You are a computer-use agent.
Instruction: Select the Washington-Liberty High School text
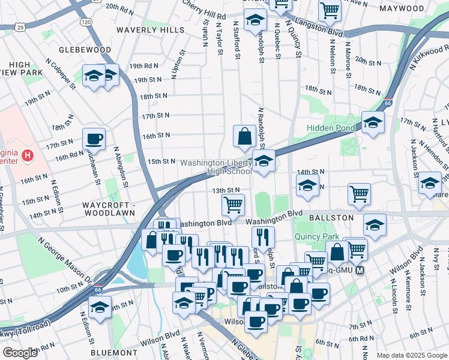tap(216, 167)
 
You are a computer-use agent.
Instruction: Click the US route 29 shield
tap(20, 28)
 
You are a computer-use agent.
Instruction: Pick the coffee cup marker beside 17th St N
tap(94, 139)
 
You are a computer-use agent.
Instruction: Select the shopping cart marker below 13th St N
tap(233, 205)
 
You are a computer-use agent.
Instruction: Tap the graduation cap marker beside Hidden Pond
tap(373, 123)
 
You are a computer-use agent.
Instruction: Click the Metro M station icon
tap(360, 271)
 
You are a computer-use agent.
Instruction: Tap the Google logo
tap(20, 352)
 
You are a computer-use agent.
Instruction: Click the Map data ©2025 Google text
tap(411, 355)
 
